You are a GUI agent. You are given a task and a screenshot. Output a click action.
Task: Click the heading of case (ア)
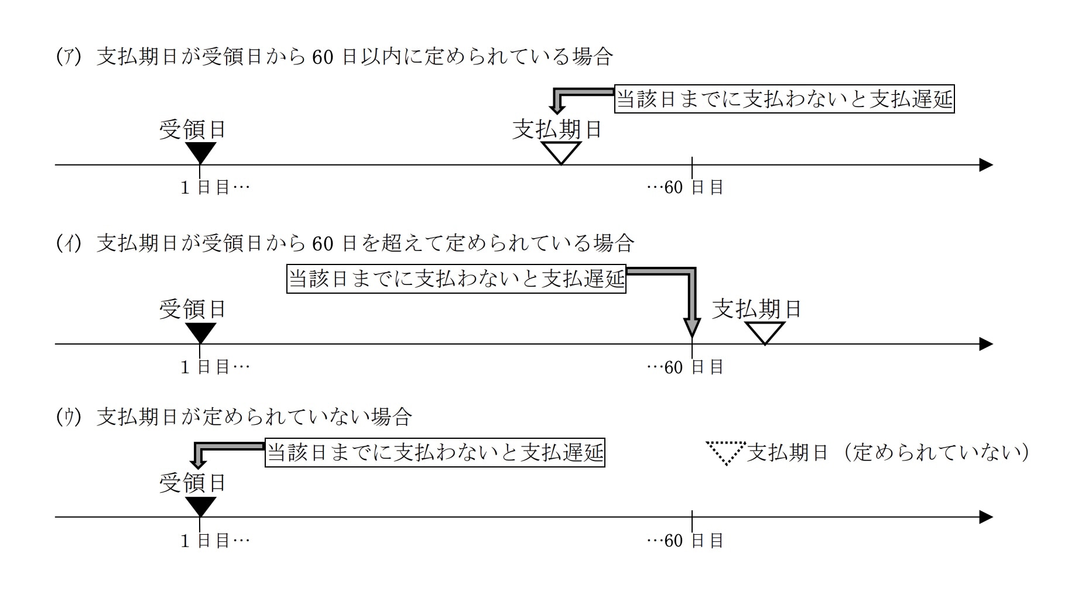point(334,57)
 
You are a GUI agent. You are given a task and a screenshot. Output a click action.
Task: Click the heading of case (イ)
point(344,243)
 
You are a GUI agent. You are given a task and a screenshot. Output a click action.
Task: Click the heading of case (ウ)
point(234,417)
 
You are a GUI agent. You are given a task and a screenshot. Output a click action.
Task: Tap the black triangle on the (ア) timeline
point(200,152)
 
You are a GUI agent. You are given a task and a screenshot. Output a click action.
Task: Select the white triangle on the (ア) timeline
point(561,152)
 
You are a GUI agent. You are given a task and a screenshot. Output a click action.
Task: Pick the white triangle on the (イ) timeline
point(765,332)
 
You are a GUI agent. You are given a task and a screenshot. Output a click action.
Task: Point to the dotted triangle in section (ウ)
point(726,452)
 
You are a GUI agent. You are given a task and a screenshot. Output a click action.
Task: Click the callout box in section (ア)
point(784,99)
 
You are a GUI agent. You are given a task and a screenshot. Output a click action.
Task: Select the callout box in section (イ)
point(456,279)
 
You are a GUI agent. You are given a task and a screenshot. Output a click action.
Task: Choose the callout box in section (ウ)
point(434,453)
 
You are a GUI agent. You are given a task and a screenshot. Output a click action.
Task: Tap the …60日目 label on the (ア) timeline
point(685,188)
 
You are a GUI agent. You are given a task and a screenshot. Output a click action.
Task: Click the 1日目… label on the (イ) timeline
point(215,367)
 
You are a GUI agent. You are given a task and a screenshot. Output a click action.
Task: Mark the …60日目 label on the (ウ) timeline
point(685,541)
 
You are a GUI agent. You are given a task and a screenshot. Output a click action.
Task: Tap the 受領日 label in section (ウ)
point(193,483)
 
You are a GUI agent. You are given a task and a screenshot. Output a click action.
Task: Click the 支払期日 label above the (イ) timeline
point(756,309)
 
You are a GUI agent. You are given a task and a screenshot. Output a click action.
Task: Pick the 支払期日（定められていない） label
point(888,452)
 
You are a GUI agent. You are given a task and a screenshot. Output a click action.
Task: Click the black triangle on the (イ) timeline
point(200,332)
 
